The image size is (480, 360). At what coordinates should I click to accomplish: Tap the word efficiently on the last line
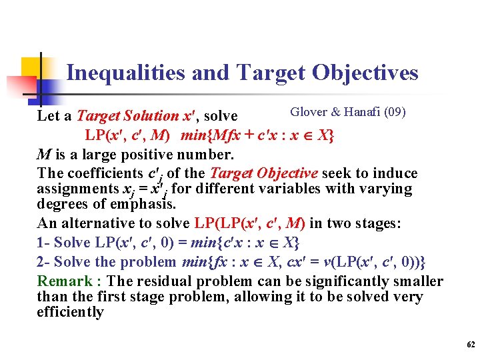pyautogui.click(x=70, y=312)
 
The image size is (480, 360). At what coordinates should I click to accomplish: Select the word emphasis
pyautogui.click(x=108, y=203)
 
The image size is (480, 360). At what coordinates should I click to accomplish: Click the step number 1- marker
pyautogui.click(x=43, y=243)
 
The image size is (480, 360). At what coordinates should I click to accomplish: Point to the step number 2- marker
pyautogui.click(x=43, y=262)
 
